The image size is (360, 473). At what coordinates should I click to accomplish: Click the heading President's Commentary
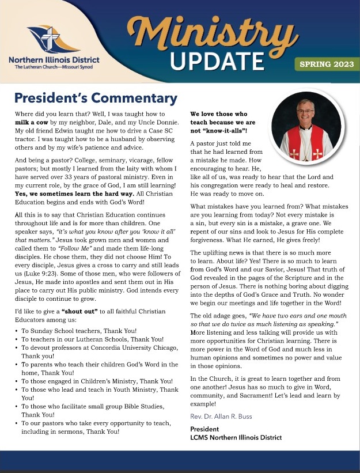96,98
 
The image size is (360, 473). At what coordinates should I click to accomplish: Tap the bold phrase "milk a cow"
35,124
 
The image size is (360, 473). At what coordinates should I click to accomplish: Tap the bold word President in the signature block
205,429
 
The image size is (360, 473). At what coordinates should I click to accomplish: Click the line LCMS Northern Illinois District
236,438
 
